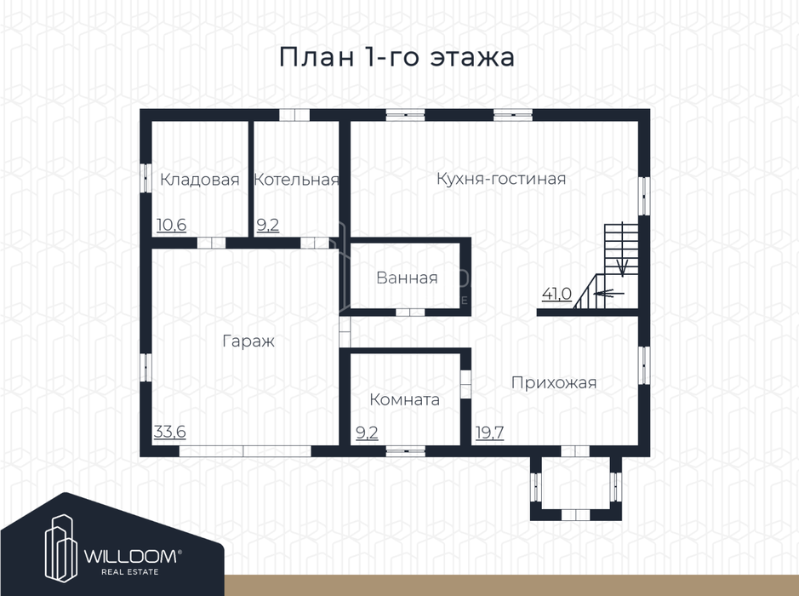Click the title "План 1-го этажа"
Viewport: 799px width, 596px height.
[397, 57]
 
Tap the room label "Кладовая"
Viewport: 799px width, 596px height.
[200, 180]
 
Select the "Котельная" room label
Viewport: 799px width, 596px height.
[297, 180]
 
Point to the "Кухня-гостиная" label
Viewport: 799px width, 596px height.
[501, 179]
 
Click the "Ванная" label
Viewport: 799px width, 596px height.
[407, 278]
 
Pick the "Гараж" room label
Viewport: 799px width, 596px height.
[248, 341]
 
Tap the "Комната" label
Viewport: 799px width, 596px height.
[404, 399]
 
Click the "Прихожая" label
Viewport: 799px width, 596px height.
[554, 382]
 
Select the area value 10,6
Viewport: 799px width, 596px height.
[172, 225]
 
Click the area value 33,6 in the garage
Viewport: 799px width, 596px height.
[170, 432]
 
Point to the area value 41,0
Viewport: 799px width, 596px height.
[557, 294]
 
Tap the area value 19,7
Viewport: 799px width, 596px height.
[489, 433]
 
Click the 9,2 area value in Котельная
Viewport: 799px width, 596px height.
[268, 225]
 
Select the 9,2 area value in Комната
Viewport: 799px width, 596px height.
[367, 433]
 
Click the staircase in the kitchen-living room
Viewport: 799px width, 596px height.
[607, 266]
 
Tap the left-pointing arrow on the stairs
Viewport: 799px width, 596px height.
[609, 293]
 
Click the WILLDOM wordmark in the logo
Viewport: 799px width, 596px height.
[133, 556]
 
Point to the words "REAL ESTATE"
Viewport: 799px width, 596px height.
[130, 572]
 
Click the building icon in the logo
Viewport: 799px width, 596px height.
[61, 548]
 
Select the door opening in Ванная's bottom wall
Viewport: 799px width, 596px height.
[411, 312]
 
